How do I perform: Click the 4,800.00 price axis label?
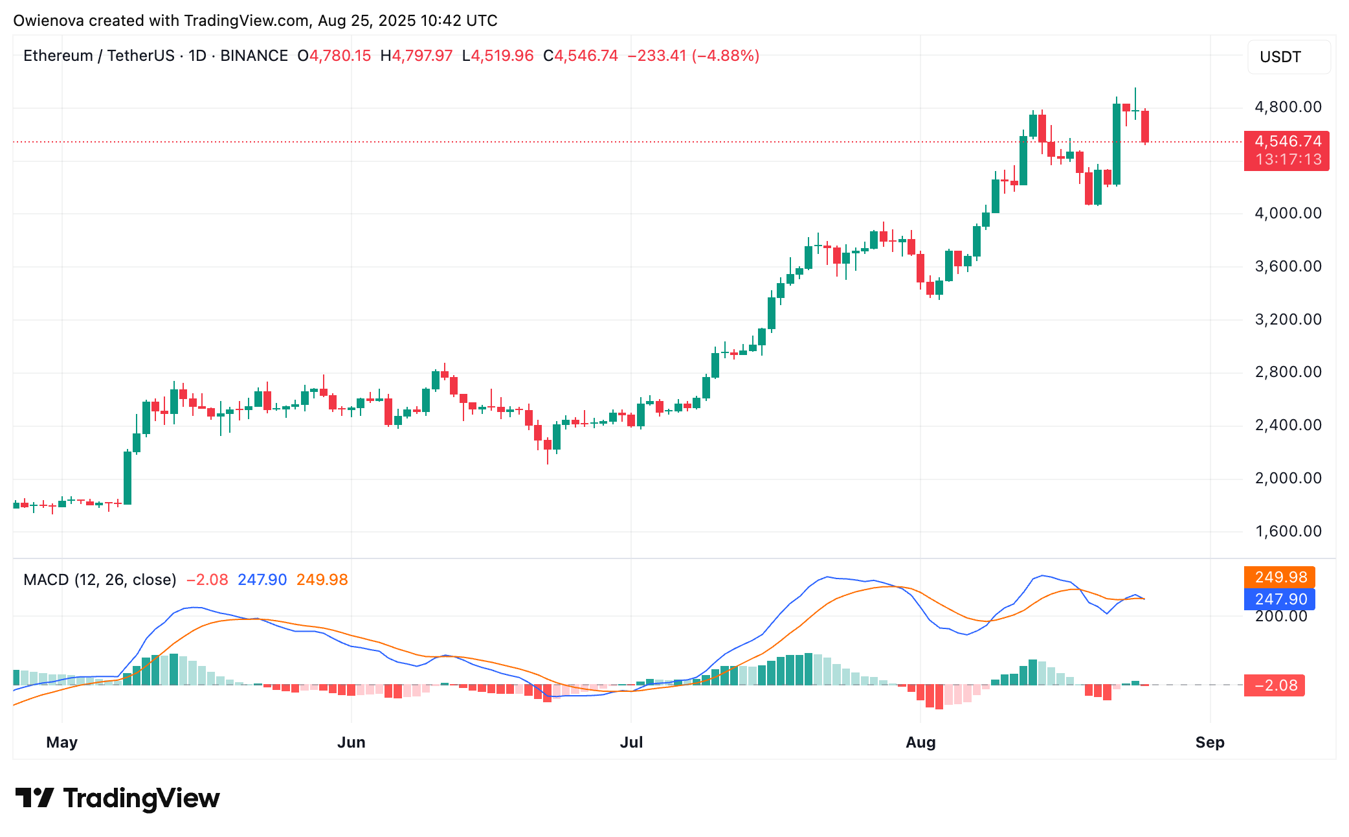tap(1288, 107)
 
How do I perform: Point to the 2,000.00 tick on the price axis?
tap(1288, 478)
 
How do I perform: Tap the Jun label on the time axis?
tap(351, 742)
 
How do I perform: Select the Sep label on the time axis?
tap(1209, 742)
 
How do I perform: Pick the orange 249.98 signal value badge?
tap(1279, 577)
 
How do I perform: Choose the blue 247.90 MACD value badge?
tap(1279, 599)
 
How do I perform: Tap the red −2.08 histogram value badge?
tap(1274, 685)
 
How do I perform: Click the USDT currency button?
tap(1288, 57)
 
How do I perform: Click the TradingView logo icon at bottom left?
tap(34, 797)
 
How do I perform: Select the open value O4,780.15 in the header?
tap(334, 56)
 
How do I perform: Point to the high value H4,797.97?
tap(416, 56)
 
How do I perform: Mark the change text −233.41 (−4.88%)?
tap(693, 56)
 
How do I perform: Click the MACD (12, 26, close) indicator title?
tap(100, 580)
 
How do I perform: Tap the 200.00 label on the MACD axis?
tap(1281, 616)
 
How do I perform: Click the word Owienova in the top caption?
tap(49, 21)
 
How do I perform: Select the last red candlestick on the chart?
tap(1145, 126)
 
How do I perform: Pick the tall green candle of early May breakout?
tap(128, 477)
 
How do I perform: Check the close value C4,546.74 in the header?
tap(581, 56)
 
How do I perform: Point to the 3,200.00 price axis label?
tap(1288, 319)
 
